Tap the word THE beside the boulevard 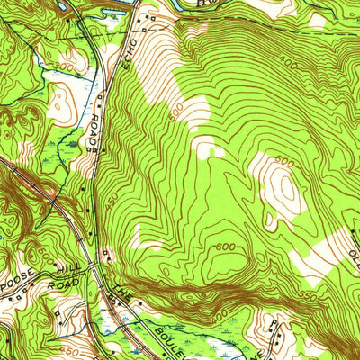coord(121,292)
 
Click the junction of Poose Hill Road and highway coord(93,267)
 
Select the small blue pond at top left coord(66,7)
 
